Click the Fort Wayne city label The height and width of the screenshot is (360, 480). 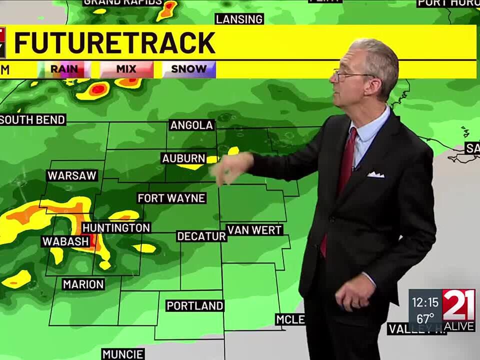[x=171, y=198]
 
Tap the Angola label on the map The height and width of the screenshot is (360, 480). [x=192, y=125]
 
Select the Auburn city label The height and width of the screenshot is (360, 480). [x=183, y=158]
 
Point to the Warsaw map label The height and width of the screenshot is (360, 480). [x=72, y=176]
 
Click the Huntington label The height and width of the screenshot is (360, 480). [x=116, y=228]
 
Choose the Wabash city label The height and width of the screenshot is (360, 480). [x=65, y=241]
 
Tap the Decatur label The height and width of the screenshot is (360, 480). [x=201, y=236]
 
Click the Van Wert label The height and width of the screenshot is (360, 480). [x=254, y=230]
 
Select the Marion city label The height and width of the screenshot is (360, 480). [x=83, y=284]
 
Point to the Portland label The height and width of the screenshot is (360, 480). [x=195, y=305]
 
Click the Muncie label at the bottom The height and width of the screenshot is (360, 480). [x=123, y=354]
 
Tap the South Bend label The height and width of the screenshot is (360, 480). [x=33, y=120]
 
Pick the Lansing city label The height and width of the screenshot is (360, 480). [x=239, y=19]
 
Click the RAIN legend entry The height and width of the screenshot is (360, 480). [x=64, y=69]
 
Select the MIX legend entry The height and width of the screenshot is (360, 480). [x=126, y=69]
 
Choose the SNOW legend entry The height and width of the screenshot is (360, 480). [x=188, y=69]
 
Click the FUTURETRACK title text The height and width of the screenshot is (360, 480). [x=114, y=43]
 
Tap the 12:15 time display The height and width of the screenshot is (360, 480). [x=425, y=302]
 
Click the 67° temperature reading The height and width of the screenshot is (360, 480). [x=425, y=319]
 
